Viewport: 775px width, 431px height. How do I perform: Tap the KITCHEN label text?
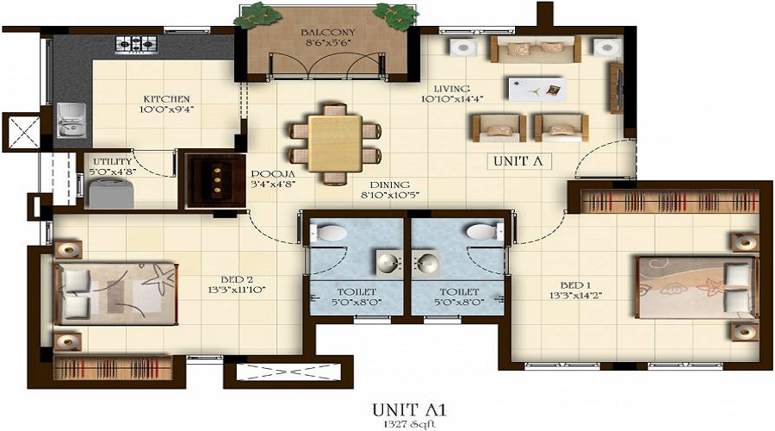pyautogui.click(x=166, y=99)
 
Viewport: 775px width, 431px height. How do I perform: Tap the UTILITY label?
pyautogui.click(x=112, y=161)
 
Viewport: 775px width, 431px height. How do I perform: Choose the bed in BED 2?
pyautogui.click(x=116, y=293)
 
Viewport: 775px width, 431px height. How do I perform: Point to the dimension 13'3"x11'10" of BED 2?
pyautogui.click(x=237, y=289)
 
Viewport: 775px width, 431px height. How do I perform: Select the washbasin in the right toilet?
pyautogui.click(x=427, y=260)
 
